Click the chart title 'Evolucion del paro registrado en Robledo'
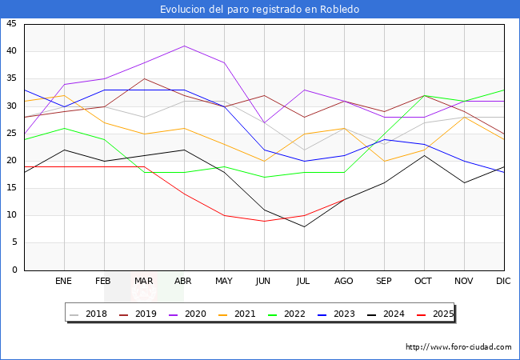[x=259, y=10]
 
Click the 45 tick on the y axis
[x=11, y=24]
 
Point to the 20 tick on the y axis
[x=11, y=161]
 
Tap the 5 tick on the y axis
[x=14, y=242]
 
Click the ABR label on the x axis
[x=184, y=282]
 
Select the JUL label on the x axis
[x=304, y=282]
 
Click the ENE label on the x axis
[x=64, y=282]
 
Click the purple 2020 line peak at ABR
[x=184, y=46]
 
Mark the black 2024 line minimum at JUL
[x=304, y=226]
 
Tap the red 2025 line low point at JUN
[x=264, y=221]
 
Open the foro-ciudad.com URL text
[x=458, y=347]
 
